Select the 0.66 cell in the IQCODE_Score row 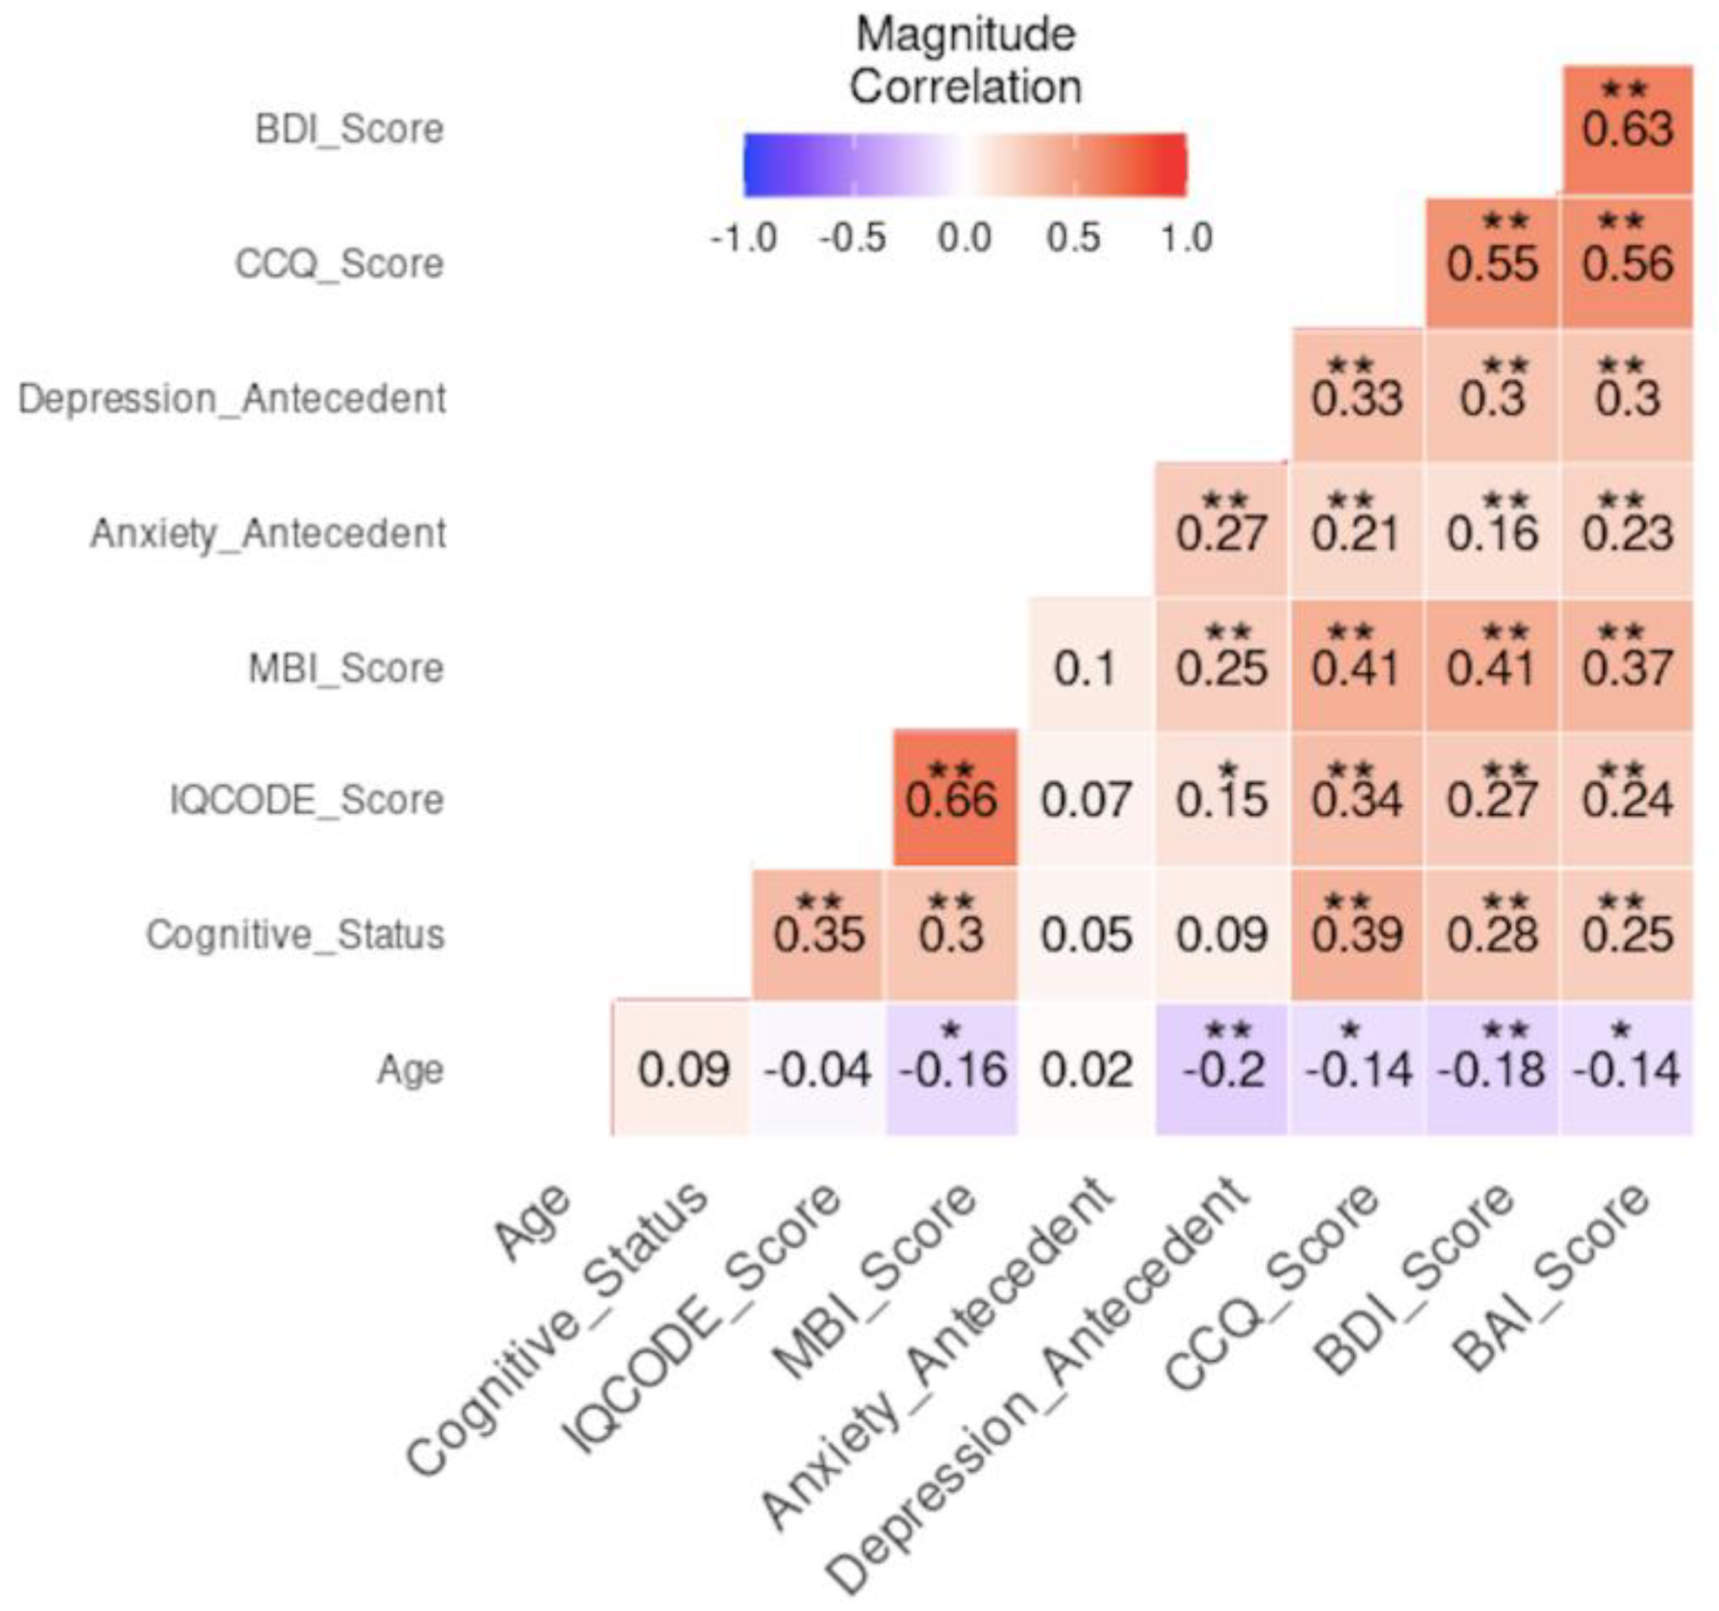click(952, 798)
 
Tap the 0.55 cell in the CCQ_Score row click(1492, 264)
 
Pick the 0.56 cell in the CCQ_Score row click(1627, 264)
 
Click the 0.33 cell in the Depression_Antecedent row click(1357, 398)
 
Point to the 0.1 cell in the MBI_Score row click(1086, 668)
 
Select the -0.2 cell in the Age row click(1223, 1070)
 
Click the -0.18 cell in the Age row click(1492, 1070)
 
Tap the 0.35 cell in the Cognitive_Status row click(818, 934)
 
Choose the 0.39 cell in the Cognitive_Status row click(1357, 934)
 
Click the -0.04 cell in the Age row click(818, 1070)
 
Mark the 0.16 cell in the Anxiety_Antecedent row click(1492, 533)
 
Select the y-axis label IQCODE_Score click(307, 800)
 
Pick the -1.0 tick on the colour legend click(744, 238)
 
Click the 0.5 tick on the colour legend click(1074, 238)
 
